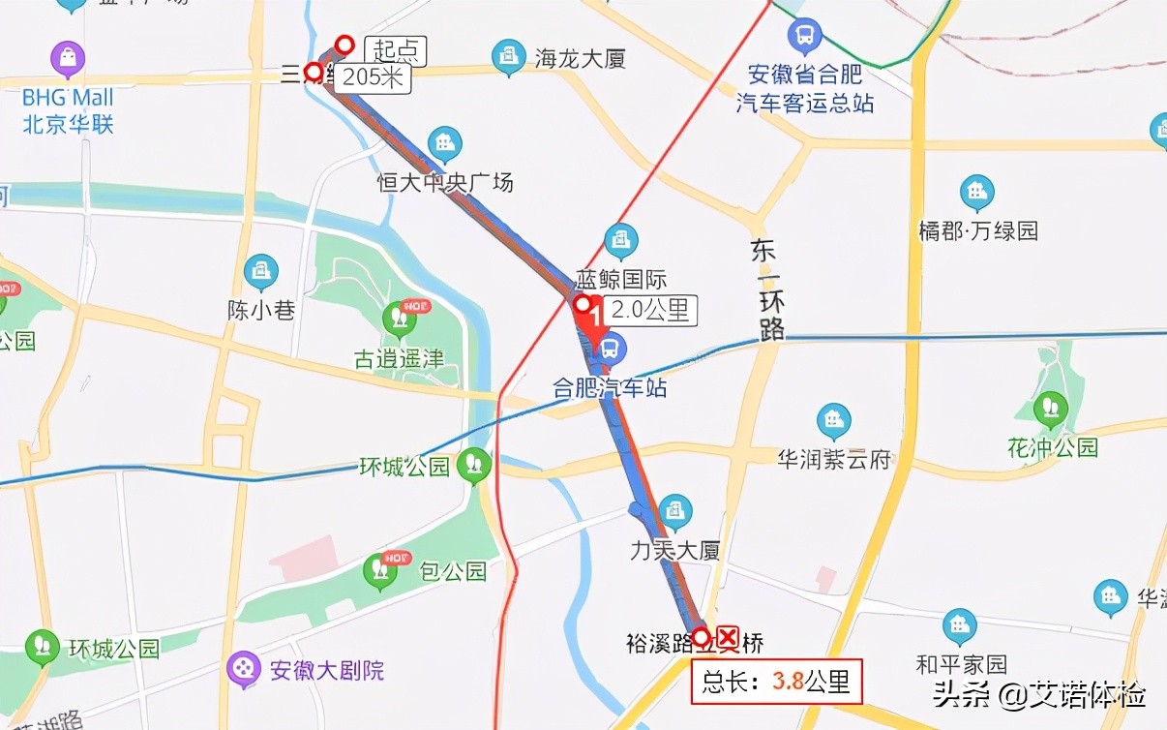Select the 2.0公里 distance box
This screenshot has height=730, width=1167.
click(649, 310)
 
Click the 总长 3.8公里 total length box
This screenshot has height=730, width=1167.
click(776, 681)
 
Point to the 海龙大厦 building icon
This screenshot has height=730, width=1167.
click(508, 58)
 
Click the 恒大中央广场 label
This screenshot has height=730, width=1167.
click(445, 182)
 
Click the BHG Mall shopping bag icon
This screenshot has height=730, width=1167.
click(68, 59)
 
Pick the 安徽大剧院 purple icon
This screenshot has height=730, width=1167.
click(244, 668)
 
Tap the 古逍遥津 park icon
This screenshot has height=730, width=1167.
click(399, 318)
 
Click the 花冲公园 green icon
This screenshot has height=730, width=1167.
click(1051, 410)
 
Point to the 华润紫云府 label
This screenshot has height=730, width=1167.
click(834, 459)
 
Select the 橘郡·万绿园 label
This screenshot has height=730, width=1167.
click(978, 230)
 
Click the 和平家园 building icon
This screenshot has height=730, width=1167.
click(960, 626)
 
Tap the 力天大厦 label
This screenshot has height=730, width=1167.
click(675, 551)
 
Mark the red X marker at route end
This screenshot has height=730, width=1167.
click(727, 637)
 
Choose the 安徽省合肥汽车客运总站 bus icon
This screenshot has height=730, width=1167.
click(804, 37)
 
